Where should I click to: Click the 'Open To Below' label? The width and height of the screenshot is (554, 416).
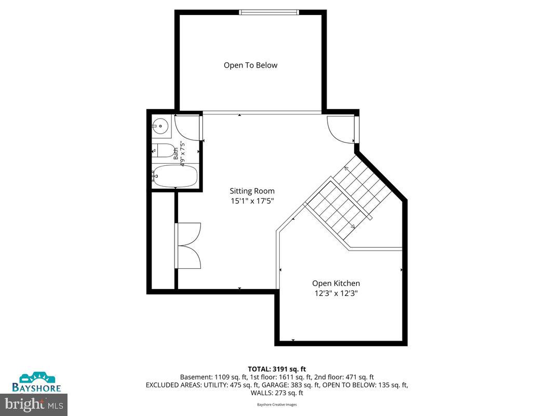pyautogui.click(x=250, y=65)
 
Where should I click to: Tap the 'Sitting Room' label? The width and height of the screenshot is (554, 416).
pyautogui.click(x=252, y=191)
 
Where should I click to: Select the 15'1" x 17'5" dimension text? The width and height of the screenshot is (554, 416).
pyautogui.click(x=252, y=201)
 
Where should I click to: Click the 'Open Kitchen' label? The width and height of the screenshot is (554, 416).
pyautogui.click(x=336, y=283)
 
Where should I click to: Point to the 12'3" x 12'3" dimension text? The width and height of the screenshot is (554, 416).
pyautogui.click(x=336, y=293)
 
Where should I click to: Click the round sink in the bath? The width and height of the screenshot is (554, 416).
pyautogui.click(x=161, y=125)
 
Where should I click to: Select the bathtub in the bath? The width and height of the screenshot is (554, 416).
pyautogui.click(x=175, y=176)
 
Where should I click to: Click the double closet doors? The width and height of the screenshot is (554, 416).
pyautogui.click(x=188, y=245)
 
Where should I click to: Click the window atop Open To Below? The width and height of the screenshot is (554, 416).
pyautogui.click(x=269, y=12)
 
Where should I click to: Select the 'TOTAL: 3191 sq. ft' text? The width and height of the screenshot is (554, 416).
pyautogui.click(x=277, y=370)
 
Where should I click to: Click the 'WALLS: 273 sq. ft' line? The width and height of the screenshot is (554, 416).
pyautogui.click(x=277, y=393)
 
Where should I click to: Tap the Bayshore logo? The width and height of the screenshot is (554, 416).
pyautogui.click(x=36, y=382)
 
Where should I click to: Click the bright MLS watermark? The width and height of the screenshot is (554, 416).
pyautogui.click(x=34, y=405)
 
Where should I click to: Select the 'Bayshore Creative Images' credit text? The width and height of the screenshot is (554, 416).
pyautogui.click(x=277, y=405)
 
